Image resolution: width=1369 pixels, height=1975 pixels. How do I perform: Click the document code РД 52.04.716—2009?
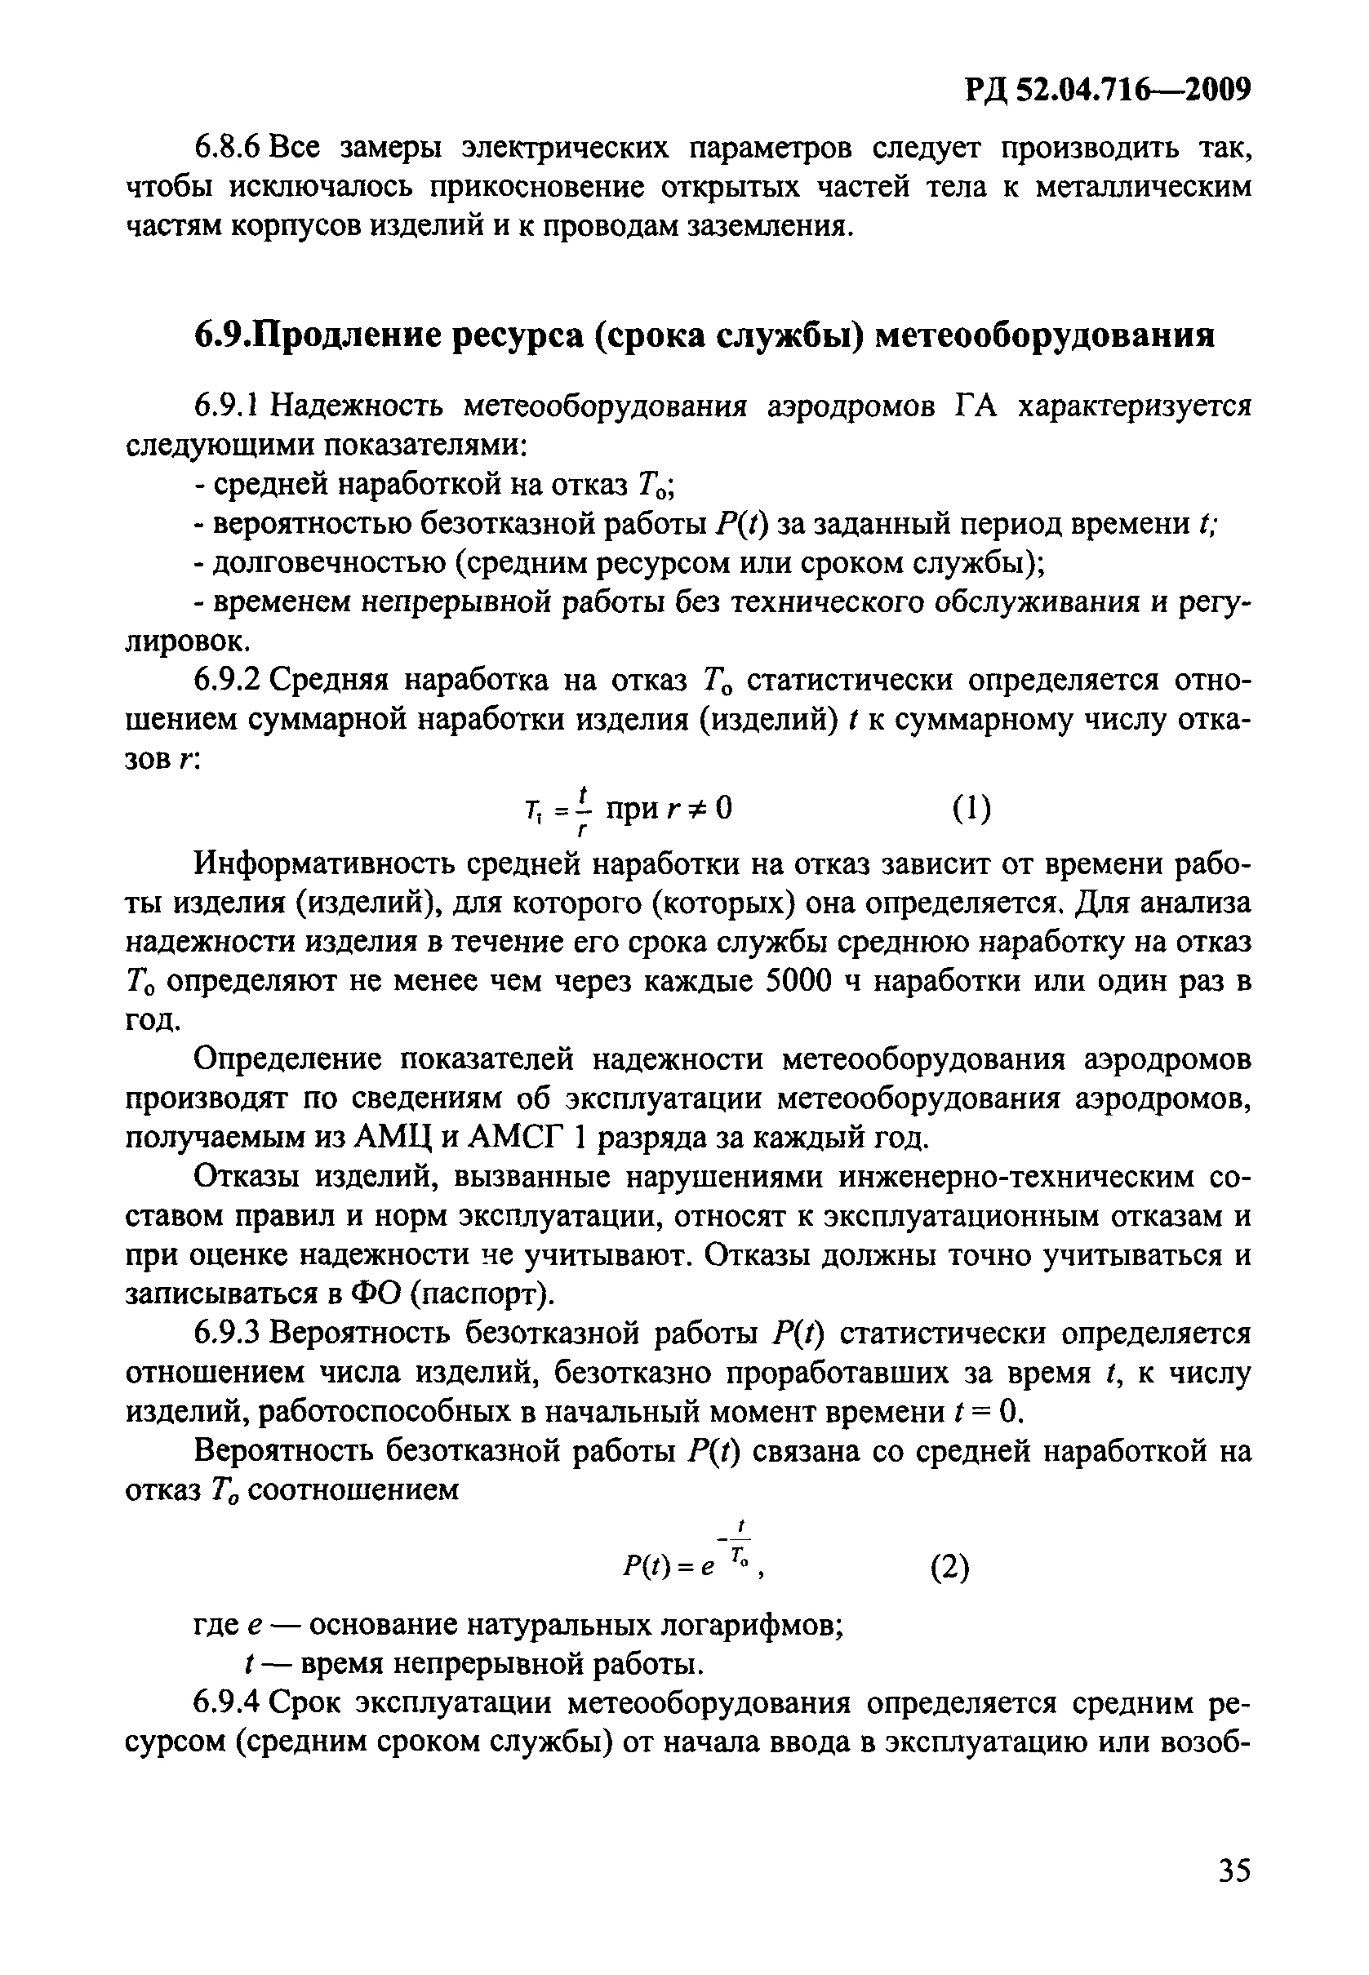click(1106, 89)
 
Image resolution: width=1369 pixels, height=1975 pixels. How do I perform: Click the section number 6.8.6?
click(226, 149)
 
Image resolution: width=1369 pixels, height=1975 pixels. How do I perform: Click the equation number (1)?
click(972, 809)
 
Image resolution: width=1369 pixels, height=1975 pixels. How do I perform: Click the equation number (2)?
click(949, 1568)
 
